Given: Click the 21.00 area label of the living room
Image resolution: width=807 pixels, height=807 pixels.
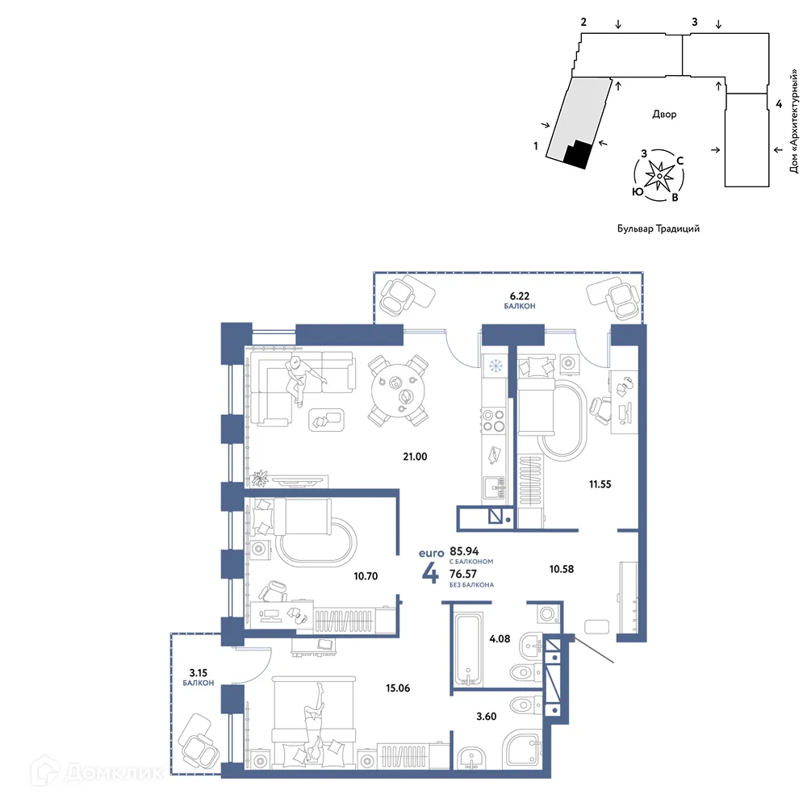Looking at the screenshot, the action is [415, 457].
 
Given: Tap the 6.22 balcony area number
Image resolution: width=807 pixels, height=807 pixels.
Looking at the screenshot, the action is [519, 296].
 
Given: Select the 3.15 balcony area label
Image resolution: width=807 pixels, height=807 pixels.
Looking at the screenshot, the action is [199, 673].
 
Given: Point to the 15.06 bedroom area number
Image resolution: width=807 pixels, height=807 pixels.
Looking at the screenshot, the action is [398, 688].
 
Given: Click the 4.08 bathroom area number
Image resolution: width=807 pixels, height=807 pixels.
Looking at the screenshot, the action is [500, 638].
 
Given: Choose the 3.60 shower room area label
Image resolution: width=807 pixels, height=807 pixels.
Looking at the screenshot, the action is [487, 717].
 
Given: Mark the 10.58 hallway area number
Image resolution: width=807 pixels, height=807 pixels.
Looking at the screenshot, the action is [562, 569].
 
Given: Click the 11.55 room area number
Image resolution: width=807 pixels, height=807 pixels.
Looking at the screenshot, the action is [600, 484].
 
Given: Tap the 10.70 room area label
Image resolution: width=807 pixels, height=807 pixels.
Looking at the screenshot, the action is [366, 576].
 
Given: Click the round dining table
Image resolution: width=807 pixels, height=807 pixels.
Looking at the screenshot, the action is [399, 391].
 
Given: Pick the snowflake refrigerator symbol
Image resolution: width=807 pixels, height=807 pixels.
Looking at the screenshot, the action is [495, 366].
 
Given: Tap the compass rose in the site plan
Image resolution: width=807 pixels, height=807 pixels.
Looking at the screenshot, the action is [659, 175].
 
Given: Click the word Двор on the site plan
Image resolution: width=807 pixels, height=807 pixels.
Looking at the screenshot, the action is [664, 115].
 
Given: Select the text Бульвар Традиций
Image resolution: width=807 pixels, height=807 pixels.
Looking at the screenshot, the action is [659, 228].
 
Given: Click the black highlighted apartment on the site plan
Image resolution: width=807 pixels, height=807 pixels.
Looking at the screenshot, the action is [578, 154].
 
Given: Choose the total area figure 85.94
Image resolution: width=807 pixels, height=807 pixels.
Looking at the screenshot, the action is [464, 551].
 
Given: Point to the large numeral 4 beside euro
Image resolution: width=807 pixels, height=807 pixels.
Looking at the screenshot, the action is [430, 573].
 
